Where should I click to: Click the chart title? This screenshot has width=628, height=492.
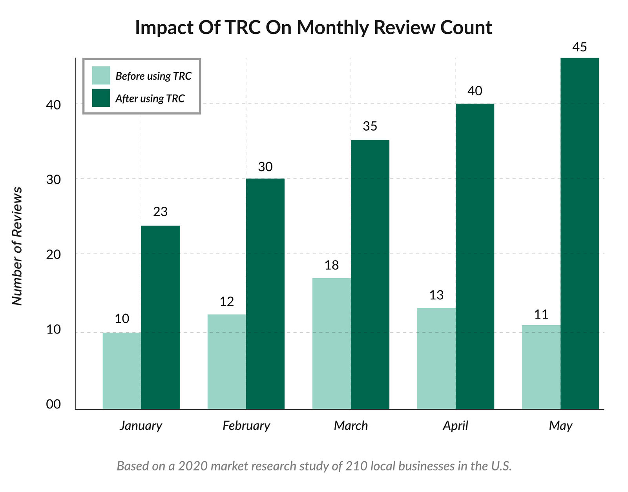(x=314, y=27)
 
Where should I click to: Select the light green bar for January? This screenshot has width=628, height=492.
(x=122, y=371)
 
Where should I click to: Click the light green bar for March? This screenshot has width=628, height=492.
(x=331, y=343)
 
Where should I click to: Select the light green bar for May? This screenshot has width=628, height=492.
(x=541, y=367)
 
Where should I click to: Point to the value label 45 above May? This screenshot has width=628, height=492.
(x=579, y=47)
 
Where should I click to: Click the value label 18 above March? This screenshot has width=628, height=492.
(x=331, y=266)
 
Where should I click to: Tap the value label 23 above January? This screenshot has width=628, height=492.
(x=160, y=212)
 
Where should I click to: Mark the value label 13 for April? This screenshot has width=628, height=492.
(x=436, y=295)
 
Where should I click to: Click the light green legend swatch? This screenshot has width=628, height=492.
(x=101, y=75)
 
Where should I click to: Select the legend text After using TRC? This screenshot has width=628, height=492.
(x=150, y=98)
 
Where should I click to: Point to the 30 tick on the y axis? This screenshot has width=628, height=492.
(x=54, y=180)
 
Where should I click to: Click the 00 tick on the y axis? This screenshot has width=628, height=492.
(x=53, y=404)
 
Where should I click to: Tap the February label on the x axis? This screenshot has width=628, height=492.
(x=246, y=426)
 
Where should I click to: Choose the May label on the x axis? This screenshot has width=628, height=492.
(x=560, y=426)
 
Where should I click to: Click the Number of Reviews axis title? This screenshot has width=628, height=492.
(x=17, y=246)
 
